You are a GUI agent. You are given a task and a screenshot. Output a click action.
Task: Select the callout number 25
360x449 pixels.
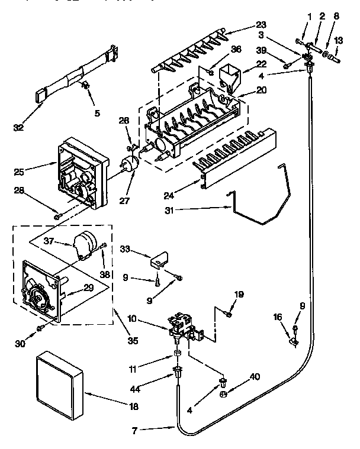(x=20, y=173)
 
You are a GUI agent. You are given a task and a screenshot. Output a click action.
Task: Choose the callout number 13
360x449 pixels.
(x=338, y=40)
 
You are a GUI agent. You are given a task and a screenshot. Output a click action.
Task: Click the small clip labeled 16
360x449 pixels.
(x=291, y=340)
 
